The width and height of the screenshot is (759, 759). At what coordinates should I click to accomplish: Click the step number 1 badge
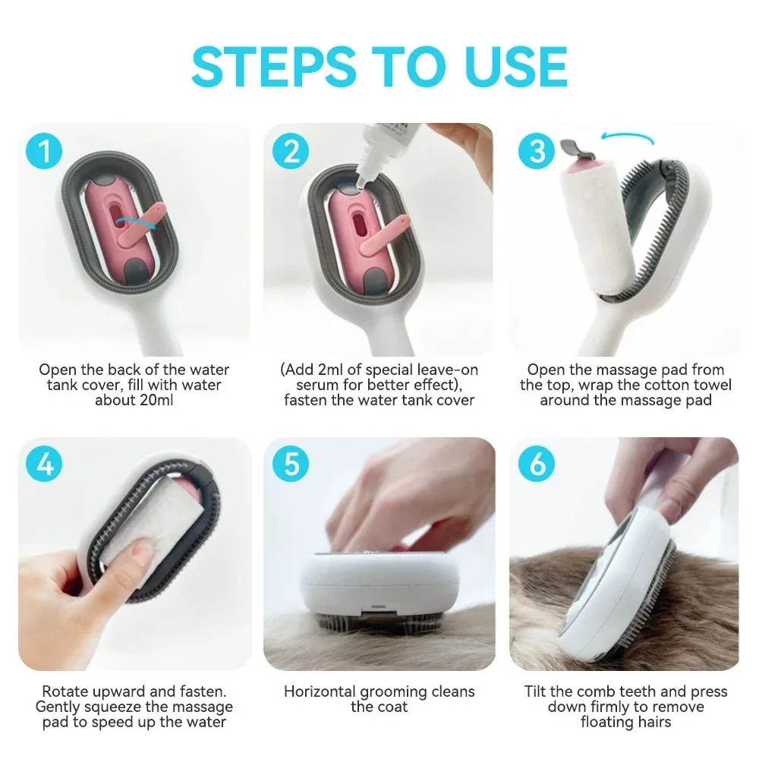coord(46,151)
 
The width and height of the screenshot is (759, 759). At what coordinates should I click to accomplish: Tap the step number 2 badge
coord(291,151)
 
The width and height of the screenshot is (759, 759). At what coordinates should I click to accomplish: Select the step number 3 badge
coord(537,151)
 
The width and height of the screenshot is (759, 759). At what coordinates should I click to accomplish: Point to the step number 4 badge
coord(46,464)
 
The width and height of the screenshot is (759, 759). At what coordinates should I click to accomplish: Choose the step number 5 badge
coord(291,464)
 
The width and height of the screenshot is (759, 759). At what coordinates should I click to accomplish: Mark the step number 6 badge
coord(537,464)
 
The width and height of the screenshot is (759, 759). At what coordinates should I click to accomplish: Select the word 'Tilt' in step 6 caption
coord(537,691)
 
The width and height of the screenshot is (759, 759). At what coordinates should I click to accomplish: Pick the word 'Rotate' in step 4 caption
coord(68,691)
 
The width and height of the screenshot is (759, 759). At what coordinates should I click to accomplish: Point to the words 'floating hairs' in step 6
coord(626,722)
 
